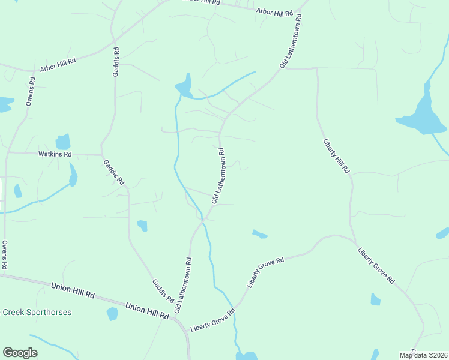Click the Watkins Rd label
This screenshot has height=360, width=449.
coord(55,154)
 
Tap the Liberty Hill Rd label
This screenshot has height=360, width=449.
coord(336,156)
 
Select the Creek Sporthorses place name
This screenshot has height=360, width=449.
coord(37,312)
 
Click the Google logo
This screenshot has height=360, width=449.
coord(20,353)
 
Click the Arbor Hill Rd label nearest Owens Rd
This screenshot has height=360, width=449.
coord(58,65)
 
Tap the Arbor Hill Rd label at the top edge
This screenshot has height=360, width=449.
coord(274,11)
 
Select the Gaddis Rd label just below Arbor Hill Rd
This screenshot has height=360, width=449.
coord(116,63)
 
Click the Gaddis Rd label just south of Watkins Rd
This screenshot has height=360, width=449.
coord(113,172)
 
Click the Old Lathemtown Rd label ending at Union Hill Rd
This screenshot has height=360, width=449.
coord(184,285)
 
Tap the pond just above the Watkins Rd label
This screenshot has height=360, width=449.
coord(63,142)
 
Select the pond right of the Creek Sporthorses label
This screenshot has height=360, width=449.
coord(112,313)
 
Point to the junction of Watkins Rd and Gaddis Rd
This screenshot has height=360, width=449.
coord(102,154)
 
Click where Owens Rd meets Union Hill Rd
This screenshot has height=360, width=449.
coord(5,275)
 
